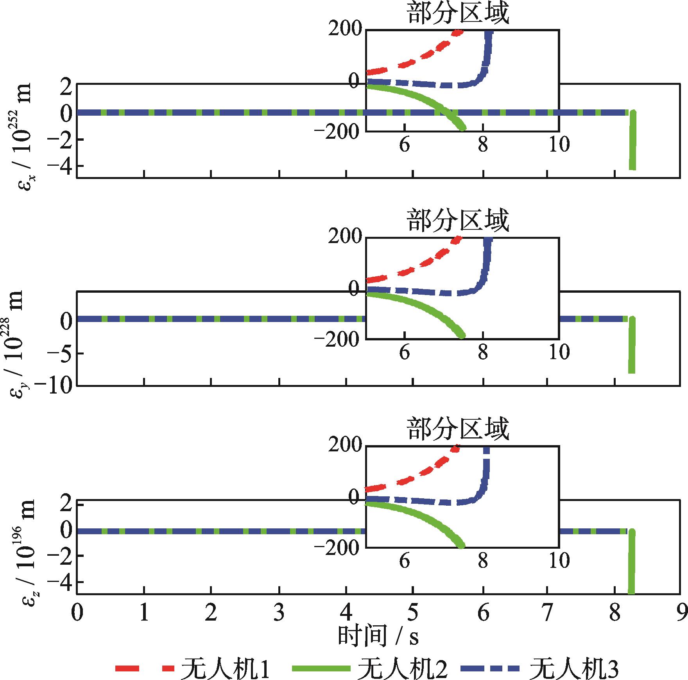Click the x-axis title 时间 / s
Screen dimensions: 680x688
pyautogui.click(x=378, y=635)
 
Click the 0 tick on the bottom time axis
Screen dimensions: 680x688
pyautogui.click(x=77, y=613)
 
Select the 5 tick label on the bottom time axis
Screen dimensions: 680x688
pyautogui.click(x=412, y=613)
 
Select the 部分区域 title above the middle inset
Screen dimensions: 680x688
pyautogui.click(x=459, y=221)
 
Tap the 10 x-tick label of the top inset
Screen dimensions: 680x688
pyautogui.click(x=559, y=145)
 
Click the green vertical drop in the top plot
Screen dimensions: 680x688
pyautogui.click(x=632, y=141)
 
